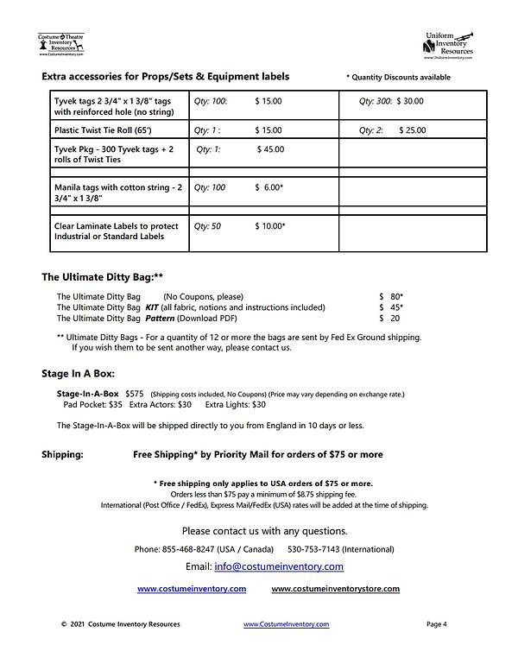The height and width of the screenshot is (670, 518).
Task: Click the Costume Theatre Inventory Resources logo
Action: coord(60,42)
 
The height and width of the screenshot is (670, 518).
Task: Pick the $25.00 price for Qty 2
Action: coord(411,130)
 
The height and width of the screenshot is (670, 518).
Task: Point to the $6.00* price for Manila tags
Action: coord(269,187)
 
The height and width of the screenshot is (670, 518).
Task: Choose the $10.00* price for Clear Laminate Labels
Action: coord(269,226)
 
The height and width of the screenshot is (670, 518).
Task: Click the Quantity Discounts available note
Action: coord(398,78)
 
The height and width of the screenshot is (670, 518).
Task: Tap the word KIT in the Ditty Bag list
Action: coord(152,307)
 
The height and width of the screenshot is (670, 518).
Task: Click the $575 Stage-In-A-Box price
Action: coord(136,394)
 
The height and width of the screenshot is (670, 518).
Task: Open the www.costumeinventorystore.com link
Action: coord(335,589)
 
